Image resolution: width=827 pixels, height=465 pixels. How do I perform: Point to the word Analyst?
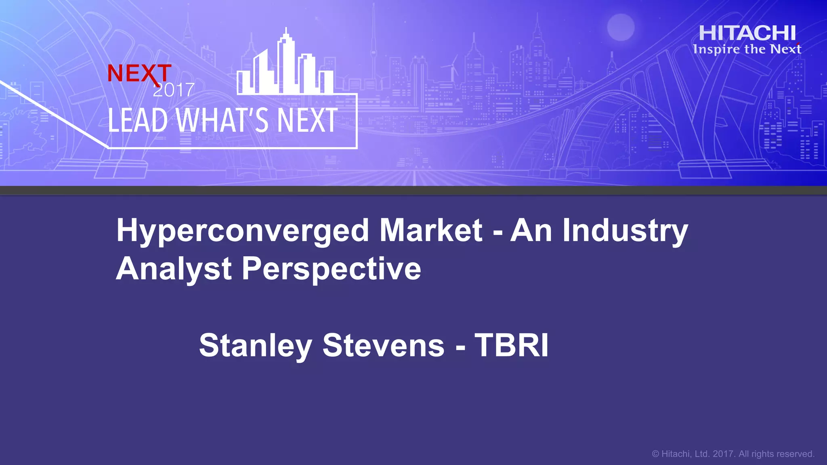(174, 269)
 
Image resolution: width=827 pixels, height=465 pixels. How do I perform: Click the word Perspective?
(331, 269)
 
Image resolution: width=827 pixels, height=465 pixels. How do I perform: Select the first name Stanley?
(255, 346)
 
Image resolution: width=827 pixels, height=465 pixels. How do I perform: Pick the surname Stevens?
(383, 346)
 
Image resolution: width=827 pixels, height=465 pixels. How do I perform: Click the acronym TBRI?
(511, 346)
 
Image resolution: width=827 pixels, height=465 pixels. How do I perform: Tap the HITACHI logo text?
(747, 33)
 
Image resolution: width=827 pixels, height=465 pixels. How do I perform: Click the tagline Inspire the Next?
(747, 49)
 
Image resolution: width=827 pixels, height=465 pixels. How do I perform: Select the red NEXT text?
(139, 73)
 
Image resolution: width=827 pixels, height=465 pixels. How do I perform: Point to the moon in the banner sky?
(621, 27)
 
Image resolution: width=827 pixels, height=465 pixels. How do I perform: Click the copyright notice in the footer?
(733, 454)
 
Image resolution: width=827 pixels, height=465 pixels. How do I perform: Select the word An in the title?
(531, 230)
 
